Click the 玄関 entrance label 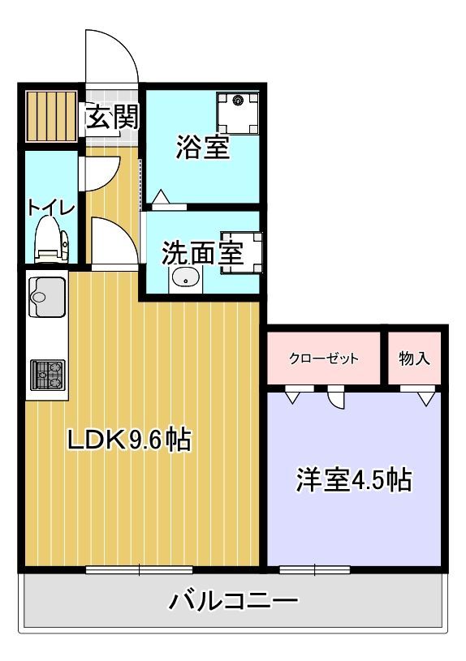coord(112,118)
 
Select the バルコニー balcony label coord(234,602)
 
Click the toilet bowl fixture coord(51,241)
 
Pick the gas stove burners coord(47,375)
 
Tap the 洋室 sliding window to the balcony coord(315,569)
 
